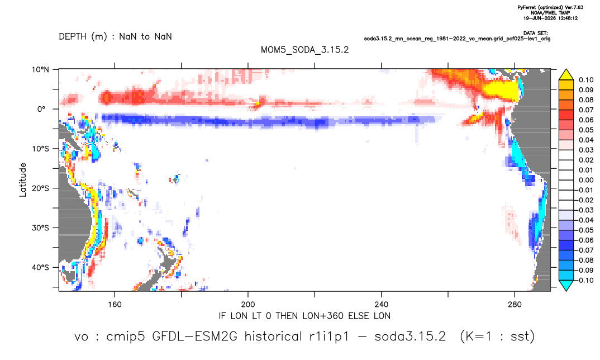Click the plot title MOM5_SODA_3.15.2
304,50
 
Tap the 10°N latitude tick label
41,70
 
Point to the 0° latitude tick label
41,109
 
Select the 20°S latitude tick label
41,188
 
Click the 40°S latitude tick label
41,267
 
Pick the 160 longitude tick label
115,305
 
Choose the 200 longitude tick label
248,305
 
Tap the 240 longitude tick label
381,305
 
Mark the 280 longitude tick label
515,305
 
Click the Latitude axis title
23,180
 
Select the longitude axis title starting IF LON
304,316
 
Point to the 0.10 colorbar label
586,80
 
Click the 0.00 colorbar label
586,180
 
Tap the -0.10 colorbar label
584,280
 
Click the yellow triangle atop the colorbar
566,75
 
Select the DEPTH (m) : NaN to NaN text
115,37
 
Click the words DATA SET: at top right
535,34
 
